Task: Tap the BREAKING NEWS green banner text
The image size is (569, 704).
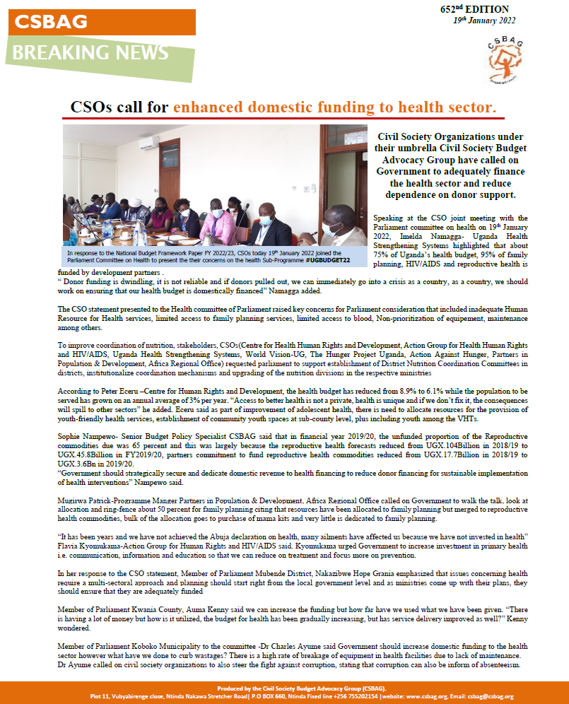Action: coord(90,52)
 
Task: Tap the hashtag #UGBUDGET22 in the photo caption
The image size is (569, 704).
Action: coord(334,259)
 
